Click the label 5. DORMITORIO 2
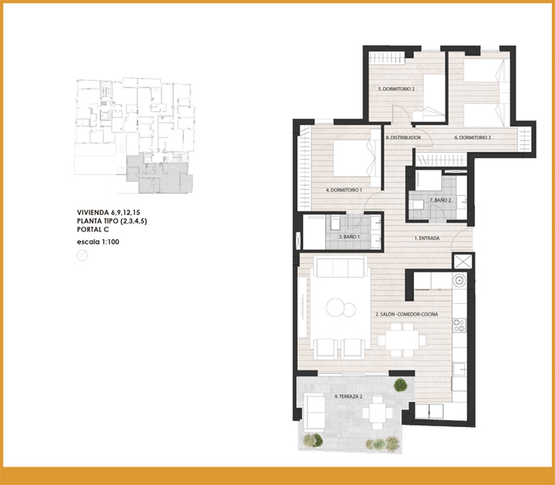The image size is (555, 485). (396, 89)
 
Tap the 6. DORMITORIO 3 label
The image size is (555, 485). (473, 137)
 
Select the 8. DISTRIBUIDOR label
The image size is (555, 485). (403, 137)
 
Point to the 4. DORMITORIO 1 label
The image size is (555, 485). (344, 190)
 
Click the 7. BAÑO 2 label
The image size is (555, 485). (440, 200)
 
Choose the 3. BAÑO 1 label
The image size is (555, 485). (349, 237)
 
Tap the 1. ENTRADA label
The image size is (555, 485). (427, 238)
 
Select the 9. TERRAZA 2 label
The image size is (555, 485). (348, 396)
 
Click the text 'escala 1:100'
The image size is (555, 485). (98, 242)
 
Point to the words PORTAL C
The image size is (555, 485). (92, 230)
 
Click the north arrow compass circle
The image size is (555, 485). (82, 255)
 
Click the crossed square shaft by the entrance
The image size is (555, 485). (463, 261)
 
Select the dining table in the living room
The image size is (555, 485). (402, 340)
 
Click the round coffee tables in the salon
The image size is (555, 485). (341, 308)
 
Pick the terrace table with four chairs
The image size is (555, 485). (377, 413)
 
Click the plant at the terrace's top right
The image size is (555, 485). (400, 385)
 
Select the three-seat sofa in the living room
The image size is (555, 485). (341, 267)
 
